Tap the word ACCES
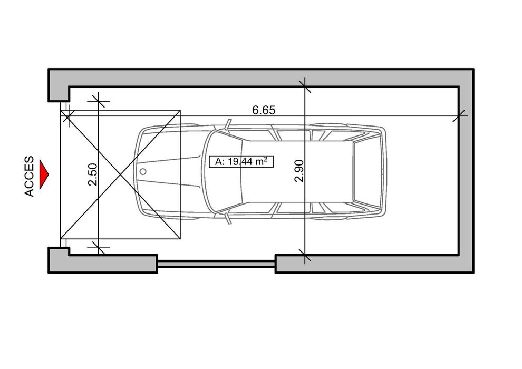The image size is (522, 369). [x=30, y=177]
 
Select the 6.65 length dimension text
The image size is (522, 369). [x=264, y=110]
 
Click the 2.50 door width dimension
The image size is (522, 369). [x=92, y=174]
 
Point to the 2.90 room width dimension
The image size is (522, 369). [x=299, y=171]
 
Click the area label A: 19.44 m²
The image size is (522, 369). [x=241, y=162]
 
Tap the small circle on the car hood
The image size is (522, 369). [x=143, y=172]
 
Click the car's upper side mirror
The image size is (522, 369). [x=228, y=124]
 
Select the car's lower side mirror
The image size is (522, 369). [x=228, y=219]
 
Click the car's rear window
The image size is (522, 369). [x=366, y=172]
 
